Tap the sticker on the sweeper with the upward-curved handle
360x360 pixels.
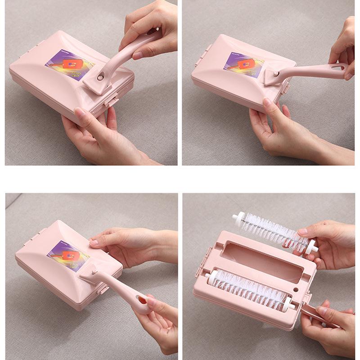(67, 66)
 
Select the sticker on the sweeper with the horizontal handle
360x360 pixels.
(242, 64)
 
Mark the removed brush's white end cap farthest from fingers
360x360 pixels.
(236, 219)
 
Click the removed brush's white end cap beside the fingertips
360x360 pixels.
(311, 247)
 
